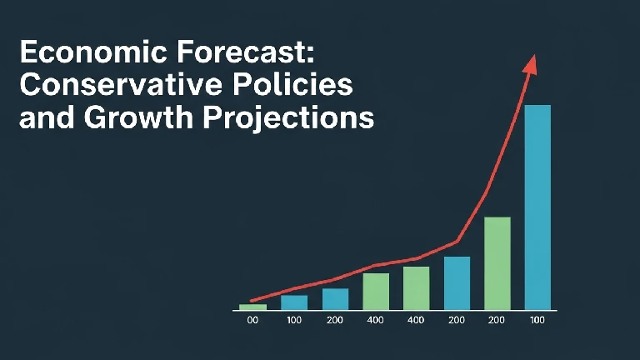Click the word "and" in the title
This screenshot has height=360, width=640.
tap(43, 117)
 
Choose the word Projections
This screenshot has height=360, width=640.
tap(288, 117)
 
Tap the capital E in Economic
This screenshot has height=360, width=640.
tap(27, 54)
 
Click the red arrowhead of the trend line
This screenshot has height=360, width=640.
tap(531, 64)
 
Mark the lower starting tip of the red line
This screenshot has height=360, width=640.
tap(252, 300)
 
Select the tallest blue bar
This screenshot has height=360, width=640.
tap(537, 207)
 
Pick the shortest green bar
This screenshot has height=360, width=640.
tap(253, 307)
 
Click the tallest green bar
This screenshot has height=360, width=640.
tap(497, 263)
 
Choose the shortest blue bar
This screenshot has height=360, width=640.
tap(294, 302)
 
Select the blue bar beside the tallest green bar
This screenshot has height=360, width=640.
tap(457, 282)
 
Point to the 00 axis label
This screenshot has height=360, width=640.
tap(253, 321)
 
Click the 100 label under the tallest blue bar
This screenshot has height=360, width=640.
tap(537, 321)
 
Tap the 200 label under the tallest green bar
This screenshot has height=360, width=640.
tap(497, 321)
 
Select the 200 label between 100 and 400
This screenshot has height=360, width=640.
tap(335, 321)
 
